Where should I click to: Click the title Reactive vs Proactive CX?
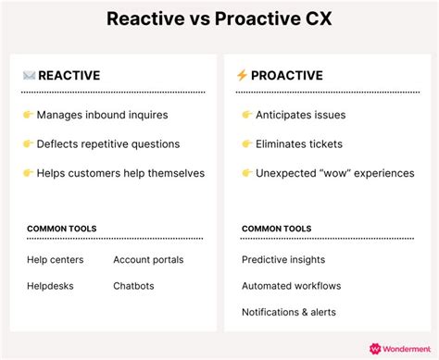(x=219, y=19)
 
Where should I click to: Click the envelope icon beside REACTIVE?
(x=29, y=75)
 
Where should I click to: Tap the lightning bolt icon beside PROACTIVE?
(x=242, y=75)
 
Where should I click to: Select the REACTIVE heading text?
(x=69, y=75)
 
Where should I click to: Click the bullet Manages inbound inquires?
(x=101, y=116)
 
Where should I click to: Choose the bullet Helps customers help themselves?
(x=120, y=173)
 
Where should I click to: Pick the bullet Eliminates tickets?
(x=300, y=144)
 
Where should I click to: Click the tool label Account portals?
(x=148, y=260)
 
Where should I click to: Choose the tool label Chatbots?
(x=133, y=286)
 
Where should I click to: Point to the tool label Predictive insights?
(x=283, y=260)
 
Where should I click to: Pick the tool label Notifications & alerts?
(x=289, y=312)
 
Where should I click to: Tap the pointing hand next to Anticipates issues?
(x=247, y=116)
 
